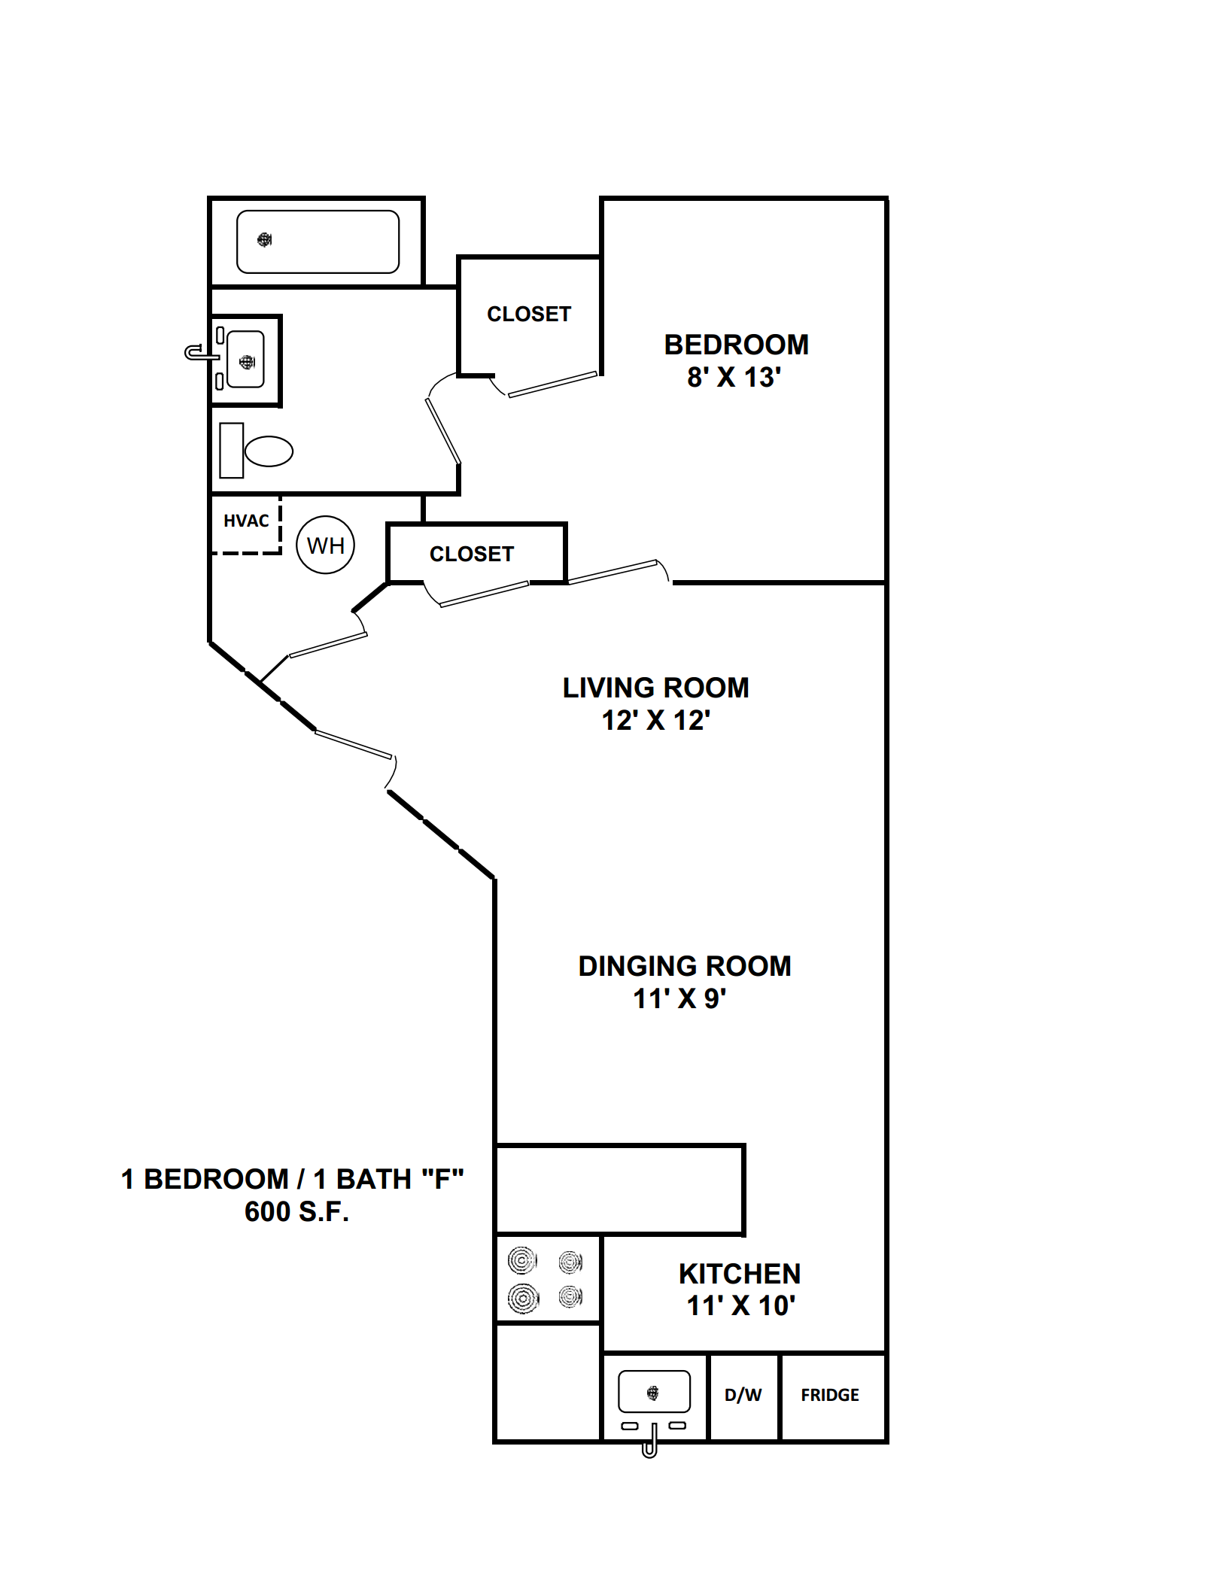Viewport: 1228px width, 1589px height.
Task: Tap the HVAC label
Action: coord(246,521)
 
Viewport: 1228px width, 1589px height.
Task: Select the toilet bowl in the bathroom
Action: coord(269,451)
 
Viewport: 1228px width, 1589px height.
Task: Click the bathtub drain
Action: coord(264,240)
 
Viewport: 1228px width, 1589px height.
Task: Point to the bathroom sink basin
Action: coord(245,360)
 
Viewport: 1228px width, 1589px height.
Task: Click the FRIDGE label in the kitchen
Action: coord(830,1395)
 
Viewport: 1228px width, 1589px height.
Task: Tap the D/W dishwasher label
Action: coord(743,1395)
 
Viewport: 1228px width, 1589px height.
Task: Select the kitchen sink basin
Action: coord(654,1391)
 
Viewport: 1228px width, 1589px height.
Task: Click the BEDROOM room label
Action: coord(736,345)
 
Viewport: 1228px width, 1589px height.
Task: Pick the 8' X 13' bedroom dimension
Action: coord(734,377)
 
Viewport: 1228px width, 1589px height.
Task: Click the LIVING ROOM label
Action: coord(655,688)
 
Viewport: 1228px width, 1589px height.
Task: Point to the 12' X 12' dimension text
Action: coord(655,720)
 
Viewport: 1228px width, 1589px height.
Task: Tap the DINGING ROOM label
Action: coord(684,966)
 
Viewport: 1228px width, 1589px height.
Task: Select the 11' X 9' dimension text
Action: coord(679,998)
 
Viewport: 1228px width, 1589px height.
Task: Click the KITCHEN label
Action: coord(740,1274)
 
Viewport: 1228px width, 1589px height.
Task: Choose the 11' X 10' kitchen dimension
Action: coord(740,1305)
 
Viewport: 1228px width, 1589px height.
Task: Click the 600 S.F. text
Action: coord(296,1211)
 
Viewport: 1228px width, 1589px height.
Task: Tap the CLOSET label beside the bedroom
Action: coord(529,314)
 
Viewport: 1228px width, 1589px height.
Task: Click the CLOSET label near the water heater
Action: coord(472,554)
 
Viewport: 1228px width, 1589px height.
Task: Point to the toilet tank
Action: coord(232,450)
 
